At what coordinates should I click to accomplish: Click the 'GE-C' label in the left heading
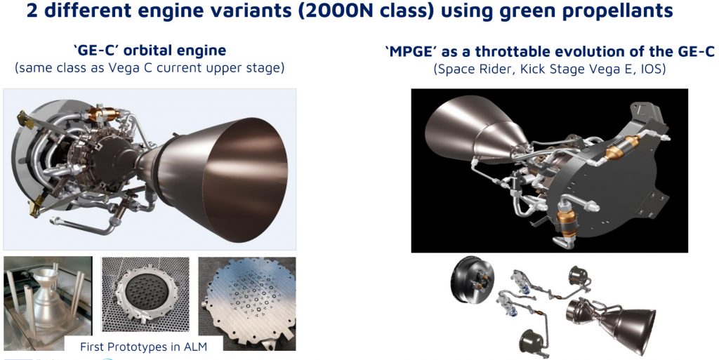[92, 50]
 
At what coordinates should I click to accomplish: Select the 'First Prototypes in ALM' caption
[143, 347]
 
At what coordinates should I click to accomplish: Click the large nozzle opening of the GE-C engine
[245, 180]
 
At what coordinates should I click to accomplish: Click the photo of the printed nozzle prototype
[48, 303]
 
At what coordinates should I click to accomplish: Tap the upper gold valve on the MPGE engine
[621, 147]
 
